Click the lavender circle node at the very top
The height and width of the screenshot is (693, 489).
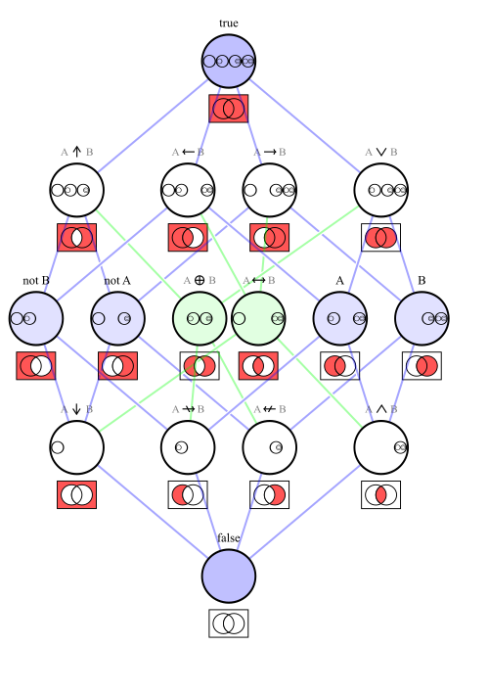(x=228, y=62)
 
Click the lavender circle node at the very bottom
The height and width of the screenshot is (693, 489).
(x=228, y=576)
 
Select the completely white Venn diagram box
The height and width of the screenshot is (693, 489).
(x=228, y=624)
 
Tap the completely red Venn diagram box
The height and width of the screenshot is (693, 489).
(x=228, y=109)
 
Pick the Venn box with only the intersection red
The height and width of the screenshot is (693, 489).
(x=380, y=494)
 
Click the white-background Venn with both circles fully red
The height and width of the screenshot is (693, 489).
(x=380, y=237)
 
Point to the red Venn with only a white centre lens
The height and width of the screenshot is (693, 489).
(x=76, y=237)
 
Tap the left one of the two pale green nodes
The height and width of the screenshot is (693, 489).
(x=200, y=318)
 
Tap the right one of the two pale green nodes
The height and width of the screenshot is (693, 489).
(x=258, y=318)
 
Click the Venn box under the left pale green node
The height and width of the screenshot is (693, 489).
(x=200, y=366)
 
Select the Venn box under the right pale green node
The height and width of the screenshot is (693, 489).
(x=258, y=366)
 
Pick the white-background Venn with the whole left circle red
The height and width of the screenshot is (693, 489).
(x=339, y=366)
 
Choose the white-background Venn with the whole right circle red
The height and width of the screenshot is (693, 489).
(x=422, y=366)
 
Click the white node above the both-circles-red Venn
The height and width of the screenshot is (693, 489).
(x=380, y=190)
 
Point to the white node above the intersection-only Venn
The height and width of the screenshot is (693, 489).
(x=380, y=447)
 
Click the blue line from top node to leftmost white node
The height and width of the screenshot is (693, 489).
(x=152, y=125)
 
